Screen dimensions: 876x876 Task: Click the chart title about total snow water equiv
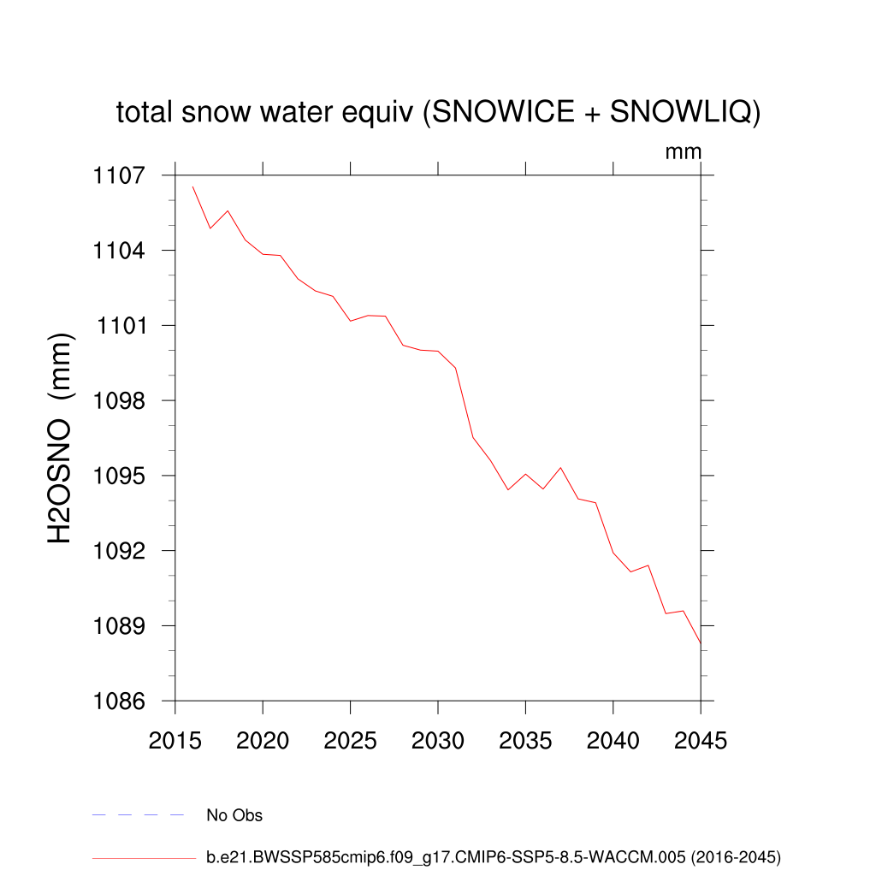(x=438, y=112)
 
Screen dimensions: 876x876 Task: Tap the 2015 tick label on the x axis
(x=175, y=741)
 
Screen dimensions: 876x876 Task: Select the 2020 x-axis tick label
(x=263, y=741)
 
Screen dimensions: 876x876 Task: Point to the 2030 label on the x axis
(x=438, y=741)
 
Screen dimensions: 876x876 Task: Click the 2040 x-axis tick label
(x=613, y=741)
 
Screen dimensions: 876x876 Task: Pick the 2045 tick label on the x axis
(x=701, y=741)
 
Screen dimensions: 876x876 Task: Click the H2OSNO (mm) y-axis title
(x=61, y=439)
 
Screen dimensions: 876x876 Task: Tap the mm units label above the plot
(x=684, y=152)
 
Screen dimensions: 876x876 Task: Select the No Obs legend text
(x=234, y=815)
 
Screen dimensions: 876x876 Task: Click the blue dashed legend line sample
(x=139, y=815)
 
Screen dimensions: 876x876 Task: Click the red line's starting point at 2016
(x=192, y=186)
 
